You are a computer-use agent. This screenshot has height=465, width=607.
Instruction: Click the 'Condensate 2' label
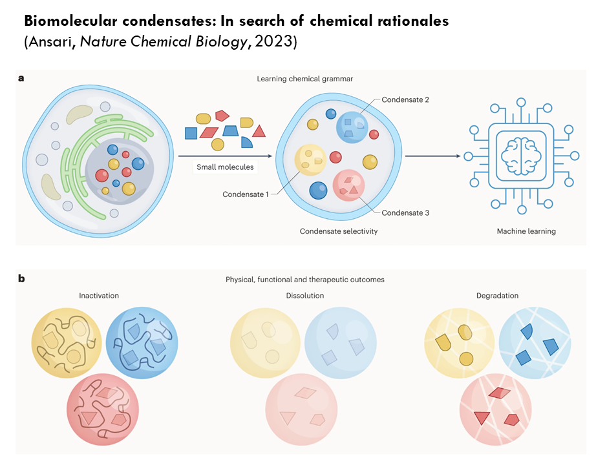405,100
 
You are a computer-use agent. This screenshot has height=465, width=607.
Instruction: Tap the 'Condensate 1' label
245,194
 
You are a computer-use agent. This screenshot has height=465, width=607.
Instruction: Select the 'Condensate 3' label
405,212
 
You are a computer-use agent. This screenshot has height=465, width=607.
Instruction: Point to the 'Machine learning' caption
526,231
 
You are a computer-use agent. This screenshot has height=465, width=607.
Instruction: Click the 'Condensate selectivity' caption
338,231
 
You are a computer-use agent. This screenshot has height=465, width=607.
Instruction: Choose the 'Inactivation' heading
99,296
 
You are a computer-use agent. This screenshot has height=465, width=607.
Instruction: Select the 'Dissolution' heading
305,296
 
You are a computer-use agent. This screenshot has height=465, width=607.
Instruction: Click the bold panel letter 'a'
21,79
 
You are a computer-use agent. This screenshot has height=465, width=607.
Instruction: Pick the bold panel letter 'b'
21,279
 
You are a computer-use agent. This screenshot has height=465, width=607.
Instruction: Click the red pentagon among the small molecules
222,116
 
